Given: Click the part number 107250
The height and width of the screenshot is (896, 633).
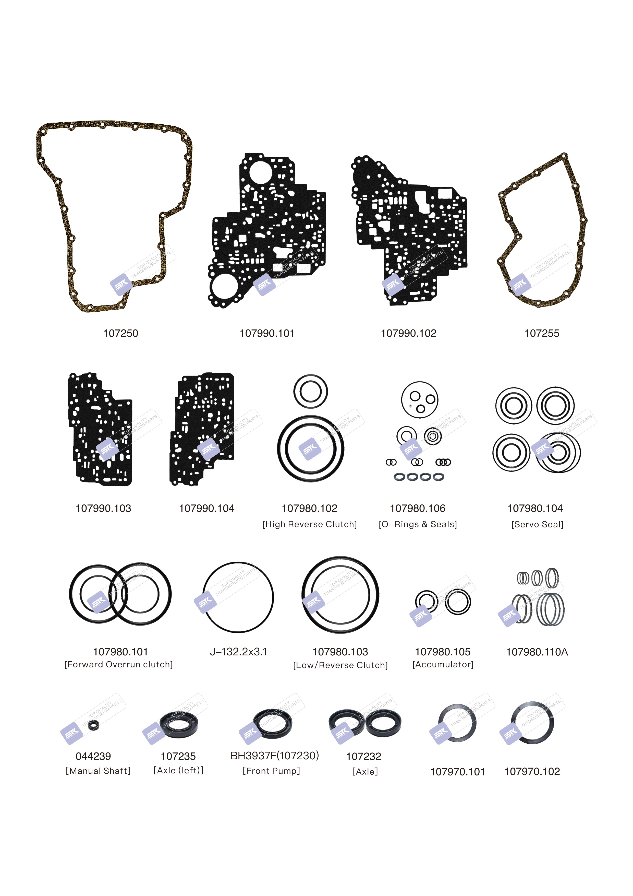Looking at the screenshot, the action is pyautogui.click(x=120, y=333).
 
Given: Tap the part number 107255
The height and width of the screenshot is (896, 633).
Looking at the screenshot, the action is pyautogui.click(x=542, y=333).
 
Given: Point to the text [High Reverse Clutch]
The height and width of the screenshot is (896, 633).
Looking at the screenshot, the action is pyautogui.click(x=310, y=524).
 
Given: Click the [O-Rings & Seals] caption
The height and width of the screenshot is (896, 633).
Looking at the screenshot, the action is pyautogui.click(x=418, y=524).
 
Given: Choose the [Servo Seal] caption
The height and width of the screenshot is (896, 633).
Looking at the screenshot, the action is pyautogui.click(x=538, y=524).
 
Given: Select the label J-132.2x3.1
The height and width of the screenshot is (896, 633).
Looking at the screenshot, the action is pyautogui.click(x=238, y=652).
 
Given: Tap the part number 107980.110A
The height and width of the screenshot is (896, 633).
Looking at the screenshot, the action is pyautogui.click(x=537, y=652).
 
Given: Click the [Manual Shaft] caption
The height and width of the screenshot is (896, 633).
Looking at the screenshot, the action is pyautogui.click(x=98, y=771).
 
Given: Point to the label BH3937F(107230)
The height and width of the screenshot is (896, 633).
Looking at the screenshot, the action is pyautogui.click(x=275, y=756).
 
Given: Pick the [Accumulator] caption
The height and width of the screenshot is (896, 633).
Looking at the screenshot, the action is pyautogui.click(x=443, y=664).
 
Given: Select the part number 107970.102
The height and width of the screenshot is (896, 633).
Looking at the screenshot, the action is pyautogui.click(x=532, y=772).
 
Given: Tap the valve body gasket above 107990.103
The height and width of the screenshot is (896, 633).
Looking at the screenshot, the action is pyautogui.click(x=100, y=429).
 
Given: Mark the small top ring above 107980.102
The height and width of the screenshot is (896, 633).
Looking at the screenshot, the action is pyautogui.click(x=310, y=391).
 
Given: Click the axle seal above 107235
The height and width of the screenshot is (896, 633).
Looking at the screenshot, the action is pyautogui.click(x=179, y=725).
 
